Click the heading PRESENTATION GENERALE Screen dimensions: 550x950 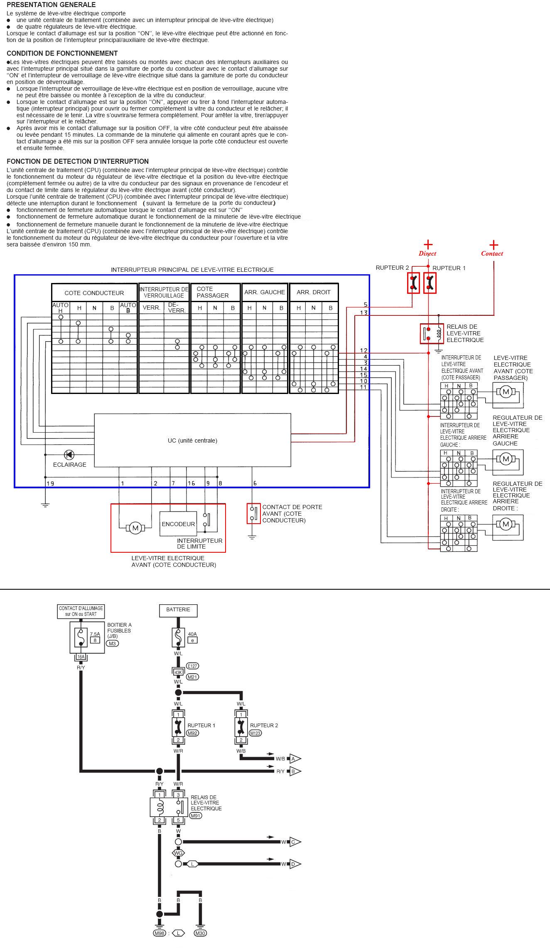[51, 5]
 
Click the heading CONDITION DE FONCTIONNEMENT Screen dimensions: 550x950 [62, 53]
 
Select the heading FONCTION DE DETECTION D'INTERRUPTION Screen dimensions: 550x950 [78, 161]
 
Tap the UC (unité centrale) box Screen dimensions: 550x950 [192, 440]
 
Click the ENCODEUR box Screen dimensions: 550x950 [178, 524]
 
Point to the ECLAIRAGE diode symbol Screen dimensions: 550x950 [69, 455]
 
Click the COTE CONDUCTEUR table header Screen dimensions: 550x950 [94, 293]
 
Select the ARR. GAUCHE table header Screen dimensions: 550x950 [265, 292]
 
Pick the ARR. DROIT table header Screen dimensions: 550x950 [314, 292]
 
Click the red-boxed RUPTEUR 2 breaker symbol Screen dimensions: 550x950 [413, 283]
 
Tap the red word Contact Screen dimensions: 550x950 [492, 253]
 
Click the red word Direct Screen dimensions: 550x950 [427, 253]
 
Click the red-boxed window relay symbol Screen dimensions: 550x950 [432, 333]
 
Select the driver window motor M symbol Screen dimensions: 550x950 [135, 528]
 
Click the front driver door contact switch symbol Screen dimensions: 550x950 [253, 513]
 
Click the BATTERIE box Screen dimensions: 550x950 [178, 610]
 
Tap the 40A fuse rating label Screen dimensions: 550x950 [192, 634]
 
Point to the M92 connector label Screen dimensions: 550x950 [193, 733]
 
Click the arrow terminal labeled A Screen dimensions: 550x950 [295, 759]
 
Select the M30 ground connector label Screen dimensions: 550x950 [200, 933]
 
